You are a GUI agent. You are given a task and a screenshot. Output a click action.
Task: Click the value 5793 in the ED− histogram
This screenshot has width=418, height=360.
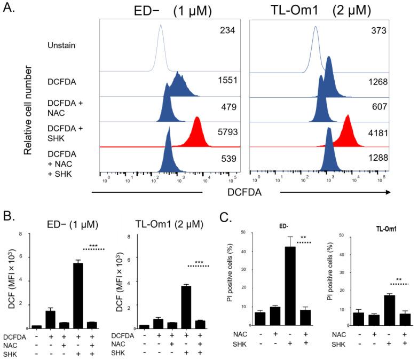(227, 129)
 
